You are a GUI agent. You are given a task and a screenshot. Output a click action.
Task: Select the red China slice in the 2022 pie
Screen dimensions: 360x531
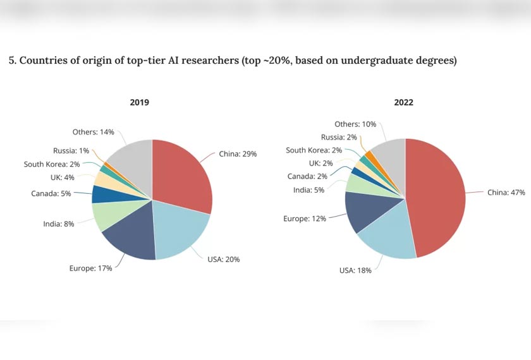(x=439, y=196)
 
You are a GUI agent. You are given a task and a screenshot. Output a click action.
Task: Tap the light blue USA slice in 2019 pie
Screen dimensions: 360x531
(x=180, y=231)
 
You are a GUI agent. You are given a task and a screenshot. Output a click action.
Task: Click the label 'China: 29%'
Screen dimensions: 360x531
(x=238, y=153)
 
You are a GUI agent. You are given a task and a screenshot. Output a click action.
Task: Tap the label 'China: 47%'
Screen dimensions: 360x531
(x=506, y=193)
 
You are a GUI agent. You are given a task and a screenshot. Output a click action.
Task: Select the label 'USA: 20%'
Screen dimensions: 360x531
(x=224, y=259)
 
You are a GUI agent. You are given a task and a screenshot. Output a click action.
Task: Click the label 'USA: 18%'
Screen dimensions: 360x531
(x=355, y=270)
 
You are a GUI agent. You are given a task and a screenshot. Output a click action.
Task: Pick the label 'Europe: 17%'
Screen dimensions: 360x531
(x=90, y=268)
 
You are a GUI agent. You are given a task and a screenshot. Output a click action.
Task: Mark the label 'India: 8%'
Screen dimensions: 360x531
(x=59, y=224)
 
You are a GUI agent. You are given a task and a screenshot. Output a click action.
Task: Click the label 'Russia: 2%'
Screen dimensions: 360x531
(x=339, y=137)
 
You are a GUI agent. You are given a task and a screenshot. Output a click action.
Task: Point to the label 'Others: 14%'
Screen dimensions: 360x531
(x=94, y=132)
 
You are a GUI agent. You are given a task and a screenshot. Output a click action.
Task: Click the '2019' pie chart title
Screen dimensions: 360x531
(x=140, y=102)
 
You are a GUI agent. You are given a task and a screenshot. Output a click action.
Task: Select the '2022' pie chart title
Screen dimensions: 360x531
(x=403, y=102)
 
